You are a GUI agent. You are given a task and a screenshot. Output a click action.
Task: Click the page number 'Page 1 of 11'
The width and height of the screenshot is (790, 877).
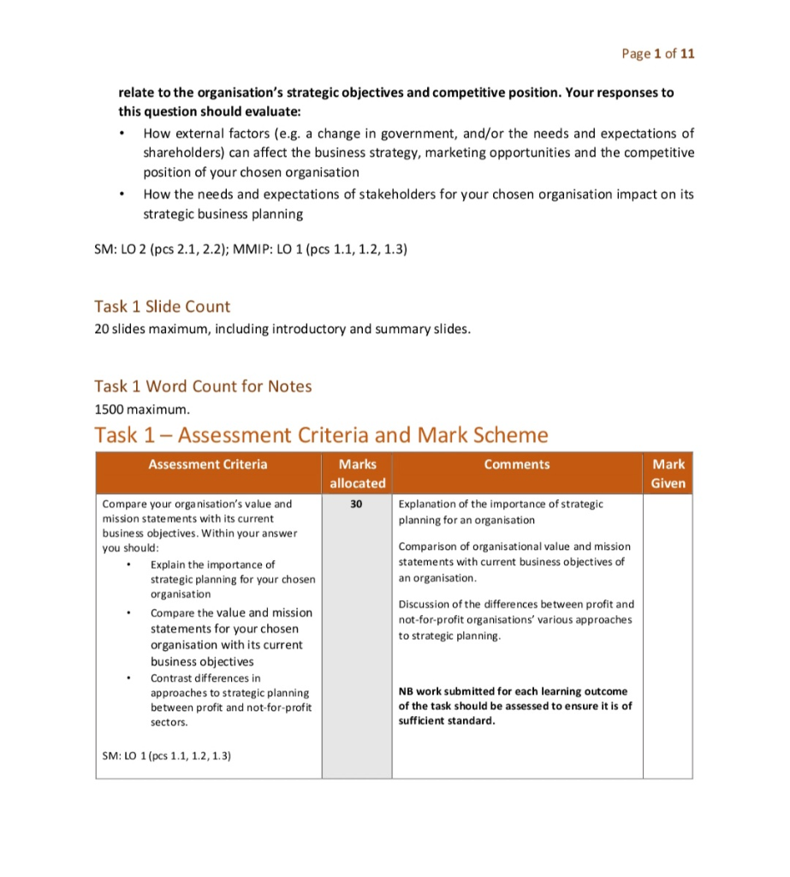pyautogui.click(x=658, y=53)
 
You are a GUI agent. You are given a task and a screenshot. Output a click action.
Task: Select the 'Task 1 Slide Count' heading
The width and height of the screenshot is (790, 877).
pyautogui.click(x=162, y=307)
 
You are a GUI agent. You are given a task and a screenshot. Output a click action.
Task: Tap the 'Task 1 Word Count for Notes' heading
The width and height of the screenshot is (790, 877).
pyautogui.click(x=203, y=386)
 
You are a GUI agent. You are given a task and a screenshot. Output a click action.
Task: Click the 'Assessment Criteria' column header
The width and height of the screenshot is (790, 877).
pyautogui.click(x=207, y=464)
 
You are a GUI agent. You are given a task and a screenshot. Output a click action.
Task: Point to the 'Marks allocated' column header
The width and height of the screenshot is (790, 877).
pyautogui.click(x=357, y=474)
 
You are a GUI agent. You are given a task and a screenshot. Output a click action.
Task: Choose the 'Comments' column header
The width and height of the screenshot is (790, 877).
pyautogui.click(x=516, y=464)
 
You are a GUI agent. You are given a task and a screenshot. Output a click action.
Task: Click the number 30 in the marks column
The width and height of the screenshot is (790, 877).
pyautogui.click(x=357, y=504)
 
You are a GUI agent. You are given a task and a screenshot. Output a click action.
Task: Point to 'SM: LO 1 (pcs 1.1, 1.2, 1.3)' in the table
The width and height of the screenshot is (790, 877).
pyautogui.click(x=166, y=755)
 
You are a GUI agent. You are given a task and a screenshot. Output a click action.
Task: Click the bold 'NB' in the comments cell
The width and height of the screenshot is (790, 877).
pyautogui.click(x=407, y=691)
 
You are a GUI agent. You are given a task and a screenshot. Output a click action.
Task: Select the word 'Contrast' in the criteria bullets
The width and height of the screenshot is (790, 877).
pyautogui.click(x=172, y=677)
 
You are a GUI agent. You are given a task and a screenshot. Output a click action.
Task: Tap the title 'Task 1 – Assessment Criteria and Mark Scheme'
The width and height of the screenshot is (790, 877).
pyautogui.click(x=321, y=435)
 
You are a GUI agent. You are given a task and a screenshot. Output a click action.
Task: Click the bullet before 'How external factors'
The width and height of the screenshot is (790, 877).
pyautogui.click(x=124, y=134)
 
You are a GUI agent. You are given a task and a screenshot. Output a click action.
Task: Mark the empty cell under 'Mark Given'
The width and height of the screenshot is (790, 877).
pyautogui.click(x=668, y=634)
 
